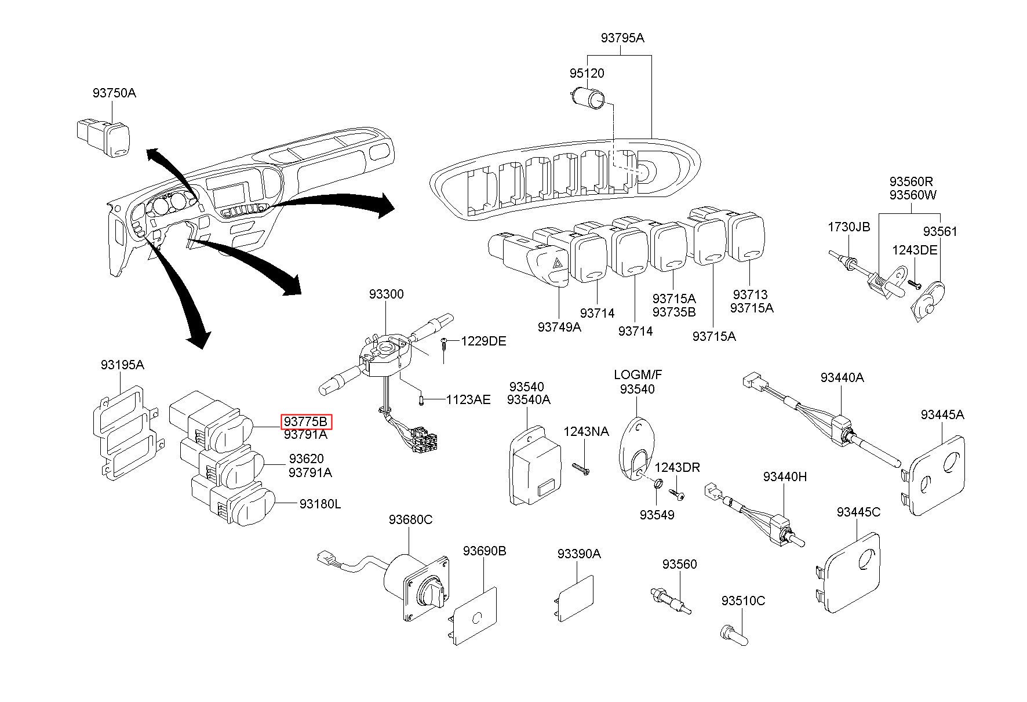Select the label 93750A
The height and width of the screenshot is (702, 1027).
click(114, 93)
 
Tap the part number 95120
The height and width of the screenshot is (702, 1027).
click(587, 74)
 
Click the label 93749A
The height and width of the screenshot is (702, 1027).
click(559, 327)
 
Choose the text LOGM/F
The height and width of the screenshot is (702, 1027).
click(638, 375)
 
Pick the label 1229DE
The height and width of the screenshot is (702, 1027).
click(483, 341)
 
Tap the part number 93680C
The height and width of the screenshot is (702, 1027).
click(410, 519)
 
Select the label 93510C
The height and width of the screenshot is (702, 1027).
click(743, 601)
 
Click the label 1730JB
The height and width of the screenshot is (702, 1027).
click(848, 227)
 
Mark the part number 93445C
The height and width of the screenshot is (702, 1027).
click(858, 512)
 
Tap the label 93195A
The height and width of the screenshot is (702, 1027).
click(122, 365)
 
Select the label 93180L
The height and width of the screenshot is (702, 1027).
click(320, 504)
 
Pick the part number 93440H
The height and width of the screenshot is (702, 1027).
click(785, 477)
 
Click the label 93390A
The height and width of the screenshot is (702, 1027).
click(579, 554)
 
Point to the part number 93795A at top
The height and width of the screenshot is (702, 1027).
click(622, 38)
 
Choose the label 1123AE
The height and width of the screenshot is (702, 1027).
click(468, 399)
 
